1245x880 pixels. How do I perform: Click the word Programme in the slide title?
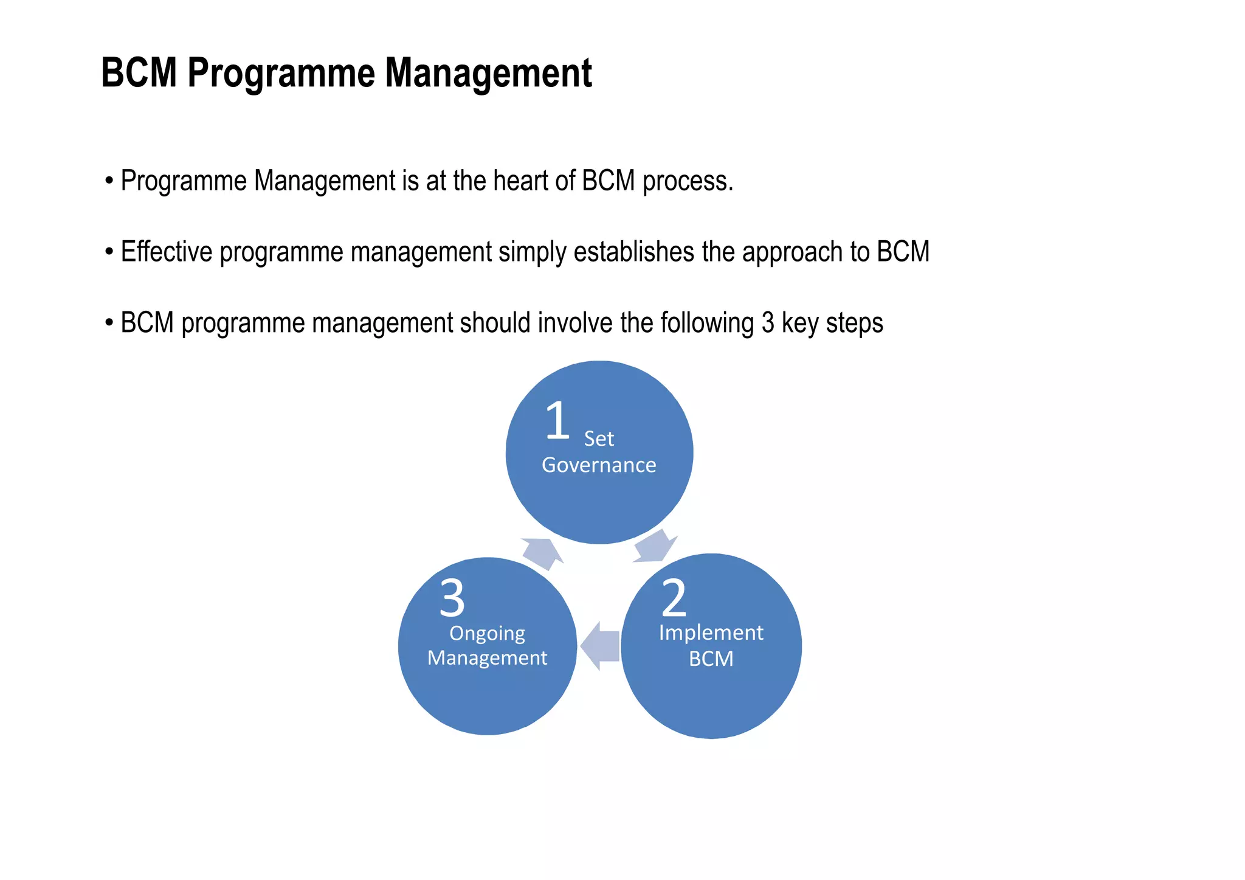tap(280, 74)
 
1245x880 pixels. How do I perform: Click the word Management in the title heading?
tap(488, 74)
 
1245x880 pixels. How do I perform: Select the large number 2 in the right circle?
tap(674, 598)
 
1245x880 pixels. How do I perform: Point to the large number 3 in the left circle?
tap(452, 598)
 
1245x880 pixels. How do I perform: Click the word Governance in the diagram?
tap(599, 465)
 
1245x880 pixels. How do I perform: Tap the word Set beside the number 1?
tap(599, 439)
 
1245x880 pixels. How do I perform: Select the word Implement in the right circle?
tap(711, 633)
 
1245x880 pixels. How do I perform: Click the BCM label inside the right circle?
tap(711, 659)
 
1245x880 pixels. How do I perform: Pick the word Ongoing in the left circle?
tap(487, 634)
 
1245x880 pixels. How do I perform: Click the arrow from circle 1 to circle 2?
tap(655, 547)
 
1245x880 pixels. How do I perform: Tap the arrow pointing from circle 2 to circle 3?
tap(600, 646)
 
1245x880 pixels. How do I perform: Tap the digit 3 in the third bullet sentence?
tap(768, 324)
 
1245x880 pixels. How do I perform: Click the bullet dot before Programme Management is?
tap(109, 181)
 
